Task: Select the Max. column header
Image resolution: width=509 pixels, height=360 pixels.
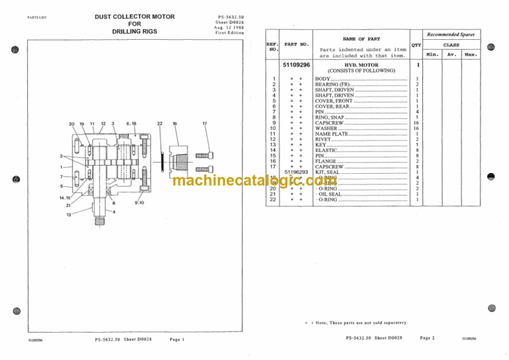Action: click(x=471, y=54)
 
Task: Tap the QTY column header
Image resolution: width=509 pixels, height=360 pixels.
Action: click(x=416, y=45)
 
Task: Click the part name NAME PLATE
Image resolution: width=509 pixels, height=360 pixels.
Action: click(x=329, y=133)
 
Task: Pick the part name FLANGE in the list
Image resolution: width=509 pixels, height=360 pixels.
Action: click(x=326, y=160)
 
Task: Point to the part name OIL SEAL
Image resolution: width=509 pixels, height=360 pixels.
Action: click(x=330, y=194)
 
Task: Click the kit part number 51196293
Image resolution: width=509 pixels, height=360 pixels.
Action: click(x=296, y=172)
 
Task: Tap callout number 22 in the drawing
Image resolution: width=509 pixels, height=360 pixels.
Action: click(x=160, y=123)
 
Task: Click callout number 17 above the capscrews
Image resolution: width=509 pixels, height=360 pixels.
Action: click(x=205, y=123)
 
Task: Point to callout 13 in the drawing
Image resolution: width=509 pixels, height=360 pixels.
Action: click(x=68, y=215)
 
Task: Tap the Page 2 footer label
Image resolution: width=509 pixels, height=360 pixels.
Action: click(x=427, y=339)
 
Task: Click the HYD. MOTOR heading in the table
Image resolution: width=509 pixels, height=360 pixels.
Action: click(x=361, y=65)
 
